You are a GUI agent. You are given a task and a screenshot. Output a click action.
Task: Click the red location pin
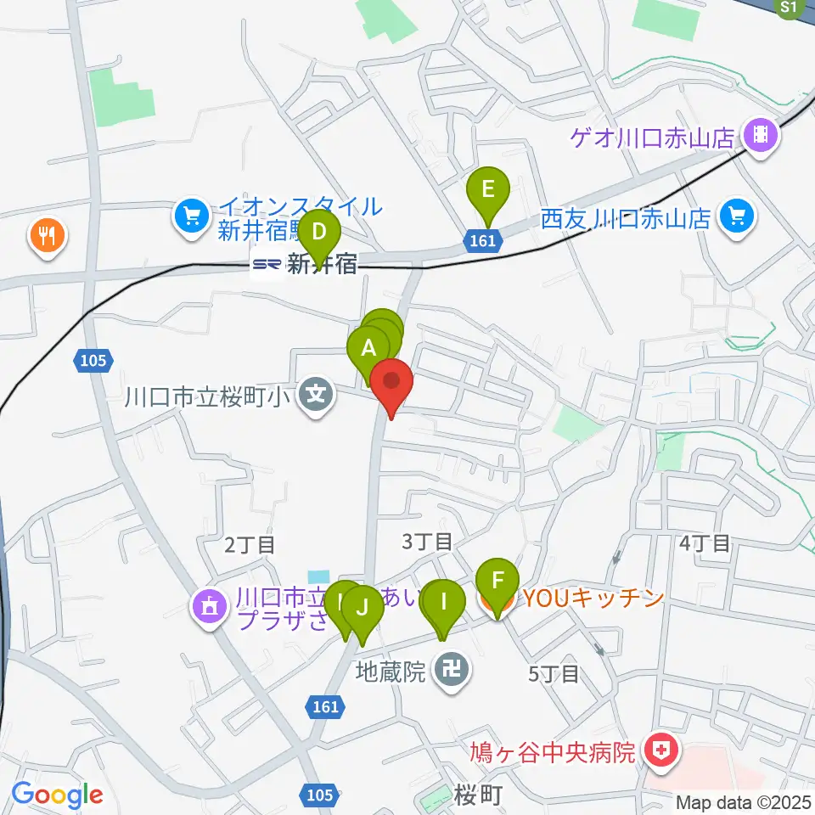pos(391,381)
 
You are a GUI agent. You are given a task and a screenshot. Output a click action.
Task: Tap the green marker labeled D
pos(319,233)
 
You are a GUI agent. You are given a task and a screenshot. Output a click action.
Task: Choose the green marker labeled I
pos(444,604)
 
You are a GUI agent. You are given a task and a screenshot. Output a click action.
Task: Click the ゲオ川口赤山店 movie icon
pos(761,135)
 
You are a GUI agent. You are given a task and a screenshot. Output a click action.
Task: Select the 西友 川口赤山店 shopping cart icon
pos(735,218)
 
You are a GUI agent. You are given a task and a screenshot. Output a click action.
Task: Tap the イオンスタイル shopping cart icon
pos(193,216)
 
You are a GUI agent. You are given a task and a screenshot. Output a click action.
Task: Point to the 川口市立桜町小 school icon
pos(316,396)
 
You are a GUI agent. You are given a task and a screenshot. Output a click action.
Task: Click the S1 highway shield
pos(789,8)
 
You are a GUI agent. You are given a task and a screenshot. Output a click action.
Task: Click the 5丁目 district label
pos(554,674)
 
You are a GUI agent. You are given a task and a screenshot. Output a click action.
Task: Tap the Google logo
pos(57,795)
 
